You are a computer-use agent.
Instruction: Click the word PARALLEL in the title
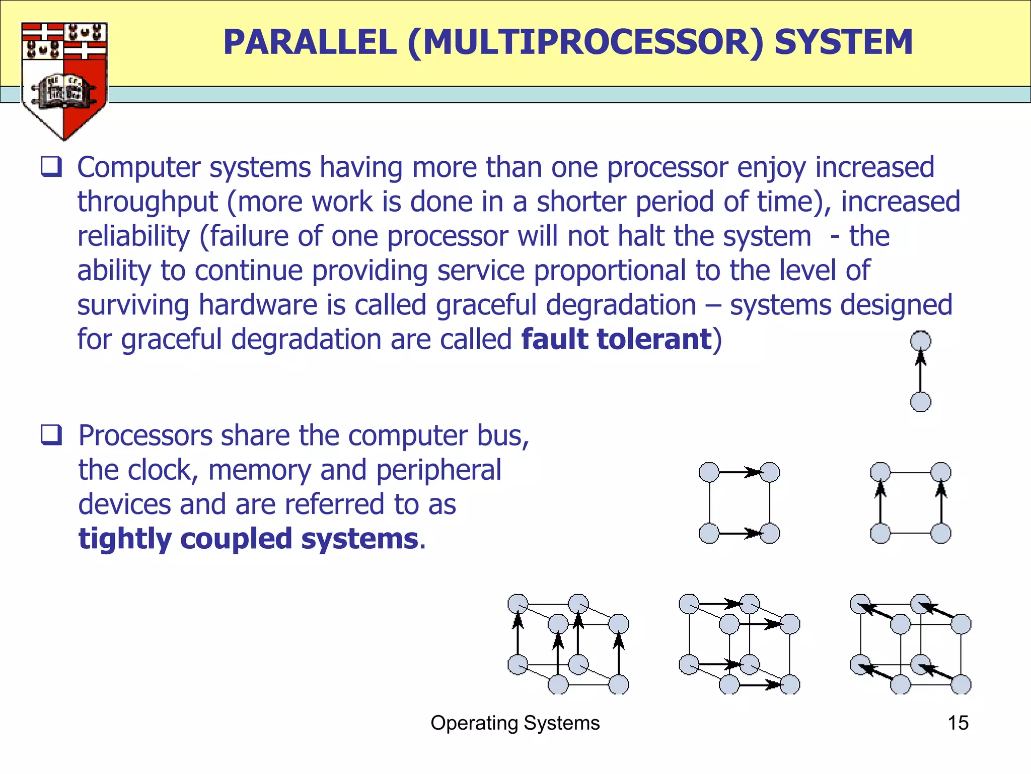tap(310, 42)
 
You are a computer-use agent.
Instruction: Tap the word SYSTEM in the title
tap(843, 42)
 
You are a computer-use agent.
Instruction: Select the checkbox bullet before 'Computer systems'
tap(51, 167)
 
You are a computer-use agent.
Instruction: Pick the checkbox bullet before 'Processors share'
tap(51, 435)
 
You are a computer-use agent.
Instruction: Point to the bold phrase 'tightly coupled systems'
tap(248, 539)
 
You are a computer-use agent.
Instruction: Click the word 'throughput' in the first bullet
tap(147, 202)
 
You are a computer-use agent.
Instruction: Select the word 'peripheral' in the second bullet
tap(438, 470)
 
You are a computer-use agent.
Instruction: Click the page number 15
tap(958, 723)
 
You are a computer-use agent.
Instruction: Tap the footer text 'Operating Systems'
tap(515, 723)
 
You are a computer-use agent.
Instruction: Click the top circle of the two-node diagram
tap(921, 341)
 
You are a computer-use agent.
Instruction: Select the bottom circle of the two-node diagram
tap(921, 402)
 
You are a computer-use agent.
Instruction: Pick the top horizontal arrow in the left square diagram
tap(739, 472)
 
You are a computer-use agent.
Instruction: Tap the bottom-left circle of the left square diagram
tap(709, 533)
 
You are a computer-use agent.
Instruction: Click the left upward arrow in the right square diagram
tap(880, 503)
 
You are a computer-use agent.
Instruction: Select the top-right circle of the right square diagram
tap(941, 473)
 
